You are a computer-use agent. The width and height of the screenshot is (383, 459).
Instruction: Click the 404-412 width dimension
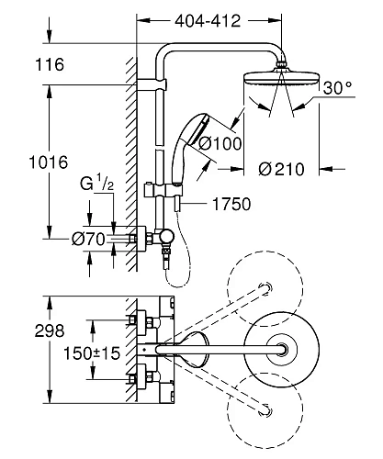tap(208, 21)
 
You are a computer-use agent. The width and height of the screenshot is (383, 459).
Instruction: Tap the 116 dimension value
tap(50, 64)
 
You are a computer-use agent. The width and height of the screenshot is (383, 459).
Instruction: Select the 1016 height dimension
tap(49, 162)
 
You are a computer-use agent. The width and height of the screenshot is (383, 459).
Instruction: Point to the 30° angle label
tap(338, 88)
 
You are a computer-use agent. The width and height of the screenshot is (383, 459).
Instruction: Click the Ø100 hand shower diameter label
tap(220, 143)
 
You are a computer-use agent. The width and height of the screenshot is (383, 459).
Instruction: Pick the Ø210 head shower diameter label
tap(281, 169)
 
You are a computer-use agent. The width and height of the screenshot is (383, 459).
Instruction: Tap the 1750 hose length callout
tap(231, 204)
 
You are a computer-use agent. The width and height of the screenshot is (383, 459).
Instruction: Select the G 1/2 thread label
tap(96, 183)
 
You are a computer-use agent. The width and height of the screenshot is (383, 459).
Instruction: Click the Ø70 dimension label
tap(88, 239)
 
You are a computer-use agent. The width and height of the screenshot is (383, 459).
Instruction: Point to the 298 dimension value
tap(50, 330)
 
